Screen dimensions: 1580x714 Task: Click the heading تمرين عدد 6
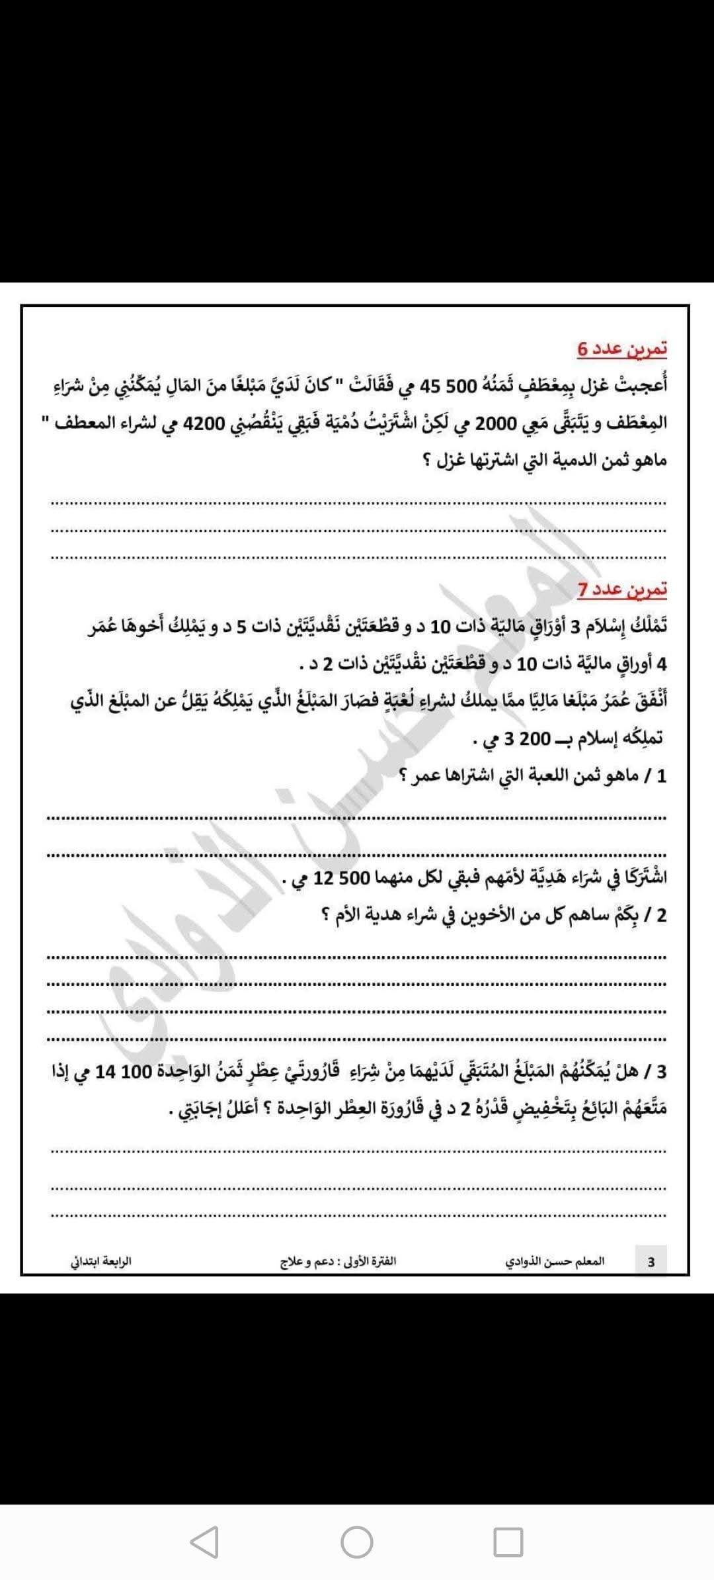point(622,348)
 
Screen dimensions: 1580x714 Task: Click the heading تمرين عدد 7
point(622,589)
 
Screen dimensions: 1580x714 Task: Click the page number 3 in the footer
point(651,1261)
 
